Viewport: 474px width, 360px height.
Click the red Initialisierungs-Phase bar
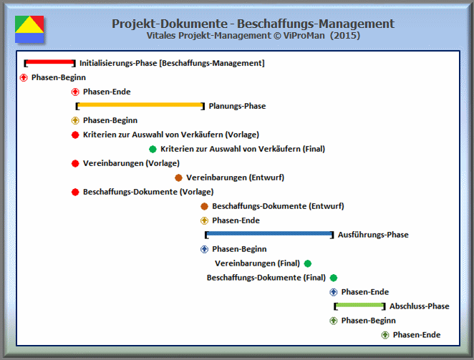click(50, 62)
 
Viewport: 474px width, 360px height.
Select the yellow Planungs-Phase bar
click(140, 105)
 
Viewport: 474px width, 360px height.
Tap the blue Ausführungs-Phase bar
click(269, 233)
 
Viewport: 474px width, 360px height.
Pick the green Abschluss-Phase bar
click(359, 305)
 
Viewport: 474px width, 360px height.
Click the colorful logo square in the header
click(29, 29)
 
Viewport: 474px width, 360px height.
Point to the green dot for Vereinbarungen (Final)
click(308, 263)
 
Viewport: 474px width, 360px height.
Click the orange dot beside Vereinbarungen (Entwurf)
click(178, 177)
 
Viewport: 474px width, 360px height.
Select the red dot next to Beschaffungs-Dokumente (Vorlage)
click(75, 192)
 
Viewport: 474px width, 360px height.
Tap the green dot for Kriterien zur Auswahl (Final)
click(153, 149)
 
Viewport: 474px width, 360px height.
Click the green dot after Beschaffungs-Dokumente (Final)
click(334, 278)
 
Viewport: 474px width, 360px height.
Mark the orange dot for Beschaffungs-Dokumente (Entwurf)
click(204, 206)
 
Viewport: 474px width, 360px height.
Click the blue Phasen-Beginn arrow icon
click(204, 249)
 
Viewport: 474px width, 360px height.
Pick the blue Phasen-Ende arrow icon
click(334, 292)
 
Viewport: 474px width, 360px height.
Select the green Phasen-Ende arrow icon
click(385, 335)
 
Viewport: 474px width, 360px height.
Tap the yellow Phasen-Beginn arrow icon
click(75, 121)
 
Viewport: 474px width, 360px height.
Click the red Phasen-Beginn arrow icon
click(24, 78)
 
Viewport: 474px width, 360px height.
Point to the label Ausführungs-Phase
click(373, 235)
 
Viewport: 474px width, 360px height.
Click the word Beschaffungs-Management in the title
click(316, 24)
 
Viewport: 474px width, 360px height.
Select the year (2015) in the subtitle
click(345, 36)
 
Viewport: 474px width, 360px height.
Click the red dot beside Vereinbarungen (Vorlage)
click(75, 163)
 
